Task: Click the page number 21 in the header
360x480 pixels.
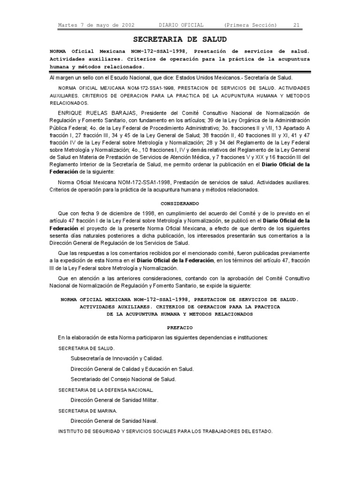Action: [296, 25]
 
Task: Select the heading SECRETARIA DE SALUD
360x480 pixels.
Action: [180, 39]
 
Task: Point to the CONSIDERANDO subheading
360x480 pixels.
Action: [180, 203]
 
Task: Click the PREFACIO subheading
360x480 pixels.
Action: [180, 327]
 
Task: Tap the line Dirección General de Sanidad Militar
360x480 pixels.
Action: [114, 400]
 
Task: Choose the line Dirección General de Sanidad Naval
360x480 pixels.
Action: [114, 420]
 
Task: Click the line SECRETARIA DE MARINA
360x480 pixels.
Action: [88, 411]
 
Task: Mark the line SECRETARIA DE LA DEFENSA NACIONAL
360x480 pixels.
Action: [105, 390]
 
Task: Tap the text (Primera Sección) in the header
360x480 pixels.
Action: [250, 25]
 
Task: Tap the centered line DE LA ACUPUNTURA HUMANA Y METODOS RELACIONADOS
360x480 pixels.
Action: [180, 314]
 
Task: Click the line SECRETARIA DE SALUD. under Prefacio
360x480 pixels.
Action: [86, 348]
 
